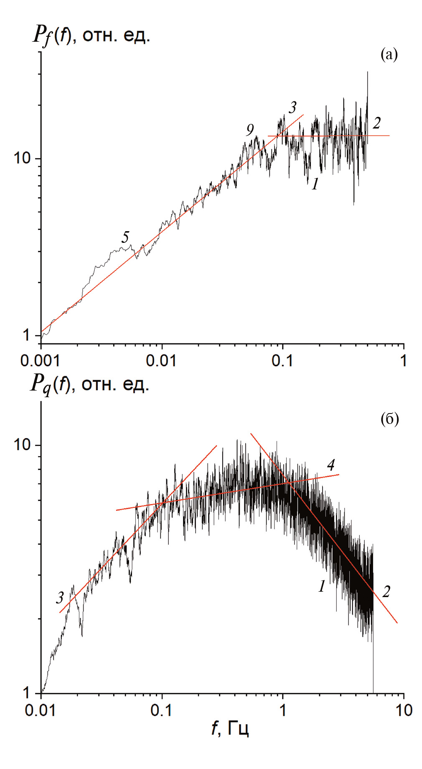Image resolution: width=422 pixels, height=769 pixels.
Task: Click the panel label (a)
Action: tap(389, 54)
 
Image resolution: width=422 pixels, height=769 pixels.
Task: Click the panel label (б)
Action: tap(389, 419)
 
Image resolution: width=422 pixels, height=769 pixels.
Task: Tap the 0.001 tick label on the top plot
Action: tap(40, 361)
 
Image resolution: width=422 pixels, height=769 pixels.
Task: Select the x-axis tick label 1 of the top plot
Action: tap(403, 361)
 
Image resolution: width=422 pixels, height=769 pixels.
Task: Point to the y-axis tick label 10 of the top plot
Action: tap(22, 158)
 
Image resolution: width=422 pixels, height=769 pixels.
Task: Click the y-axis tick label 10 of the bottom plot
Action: tap(22, 444)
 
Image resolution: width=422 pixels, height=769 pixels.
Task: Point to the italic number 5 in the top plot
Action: tap(125, 237)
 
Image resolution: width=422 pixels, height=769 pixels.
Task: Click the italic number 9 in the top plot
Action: tap(250, 130)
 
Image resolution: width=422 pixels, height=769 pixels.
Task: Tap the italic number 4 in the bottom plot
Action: tap(331, 465)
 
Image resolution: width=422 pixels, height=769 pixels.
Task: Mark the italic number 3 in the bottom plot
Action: tap(60, 598)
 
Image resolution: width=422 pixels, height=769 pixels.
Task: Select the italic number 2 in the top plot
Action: tap(377, 123)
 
